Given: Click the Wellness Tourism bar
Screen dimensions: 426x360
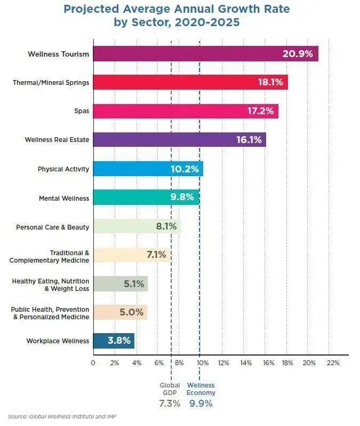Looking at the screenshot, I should (x=205, y=54).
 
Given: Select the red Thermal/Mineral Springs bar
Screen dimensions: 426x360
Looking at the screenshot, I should (x=190, y=82).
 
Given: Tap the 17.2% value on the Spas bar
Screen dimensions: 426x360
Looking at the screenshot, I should (x=260, y=111).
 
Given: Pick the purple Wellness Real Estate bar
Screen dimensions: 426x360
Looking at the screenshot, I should (x=179, y=140).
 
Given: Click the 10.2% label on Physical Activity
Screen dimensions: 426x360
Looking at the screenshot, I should (x=185, y=169).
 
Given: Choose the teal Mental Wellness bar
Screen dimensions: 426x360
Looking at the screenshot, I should (x=146, y=198).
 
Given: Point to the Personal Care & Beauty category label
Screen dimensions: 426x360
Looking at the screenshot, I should (x=53, y=227).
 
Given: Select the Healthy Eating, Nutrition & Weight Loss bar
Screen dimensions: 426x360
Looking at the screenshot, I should (x=120, y=284).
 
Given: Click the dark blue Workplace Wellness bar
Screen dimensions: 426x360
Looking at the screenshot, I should (x=114, y=341).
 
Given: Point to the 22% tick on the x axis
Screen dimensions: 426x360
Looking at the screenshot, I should (x=332, y=363).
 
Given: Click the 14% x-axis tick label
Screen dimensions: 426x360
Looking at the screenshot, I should (x=246, y=363).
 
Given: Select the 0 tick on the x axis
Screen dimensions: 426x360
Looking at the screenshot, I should (x=93, y=363).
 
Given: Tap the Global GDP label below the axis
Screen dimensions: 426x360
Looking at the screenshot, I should (x=170, y=389).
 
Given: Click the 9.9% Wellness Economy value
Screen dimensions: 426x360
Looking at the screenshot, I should (x=201, y=404).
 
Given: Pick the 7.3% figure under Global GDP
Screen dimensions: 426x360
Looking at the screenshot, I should (x=170, y=404).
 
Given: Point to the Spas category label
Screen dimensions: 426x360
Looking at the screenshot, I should (x=82, y=112).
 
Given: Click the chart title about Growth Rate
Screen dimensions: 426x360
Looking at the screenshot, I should (x=177, y=16).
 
